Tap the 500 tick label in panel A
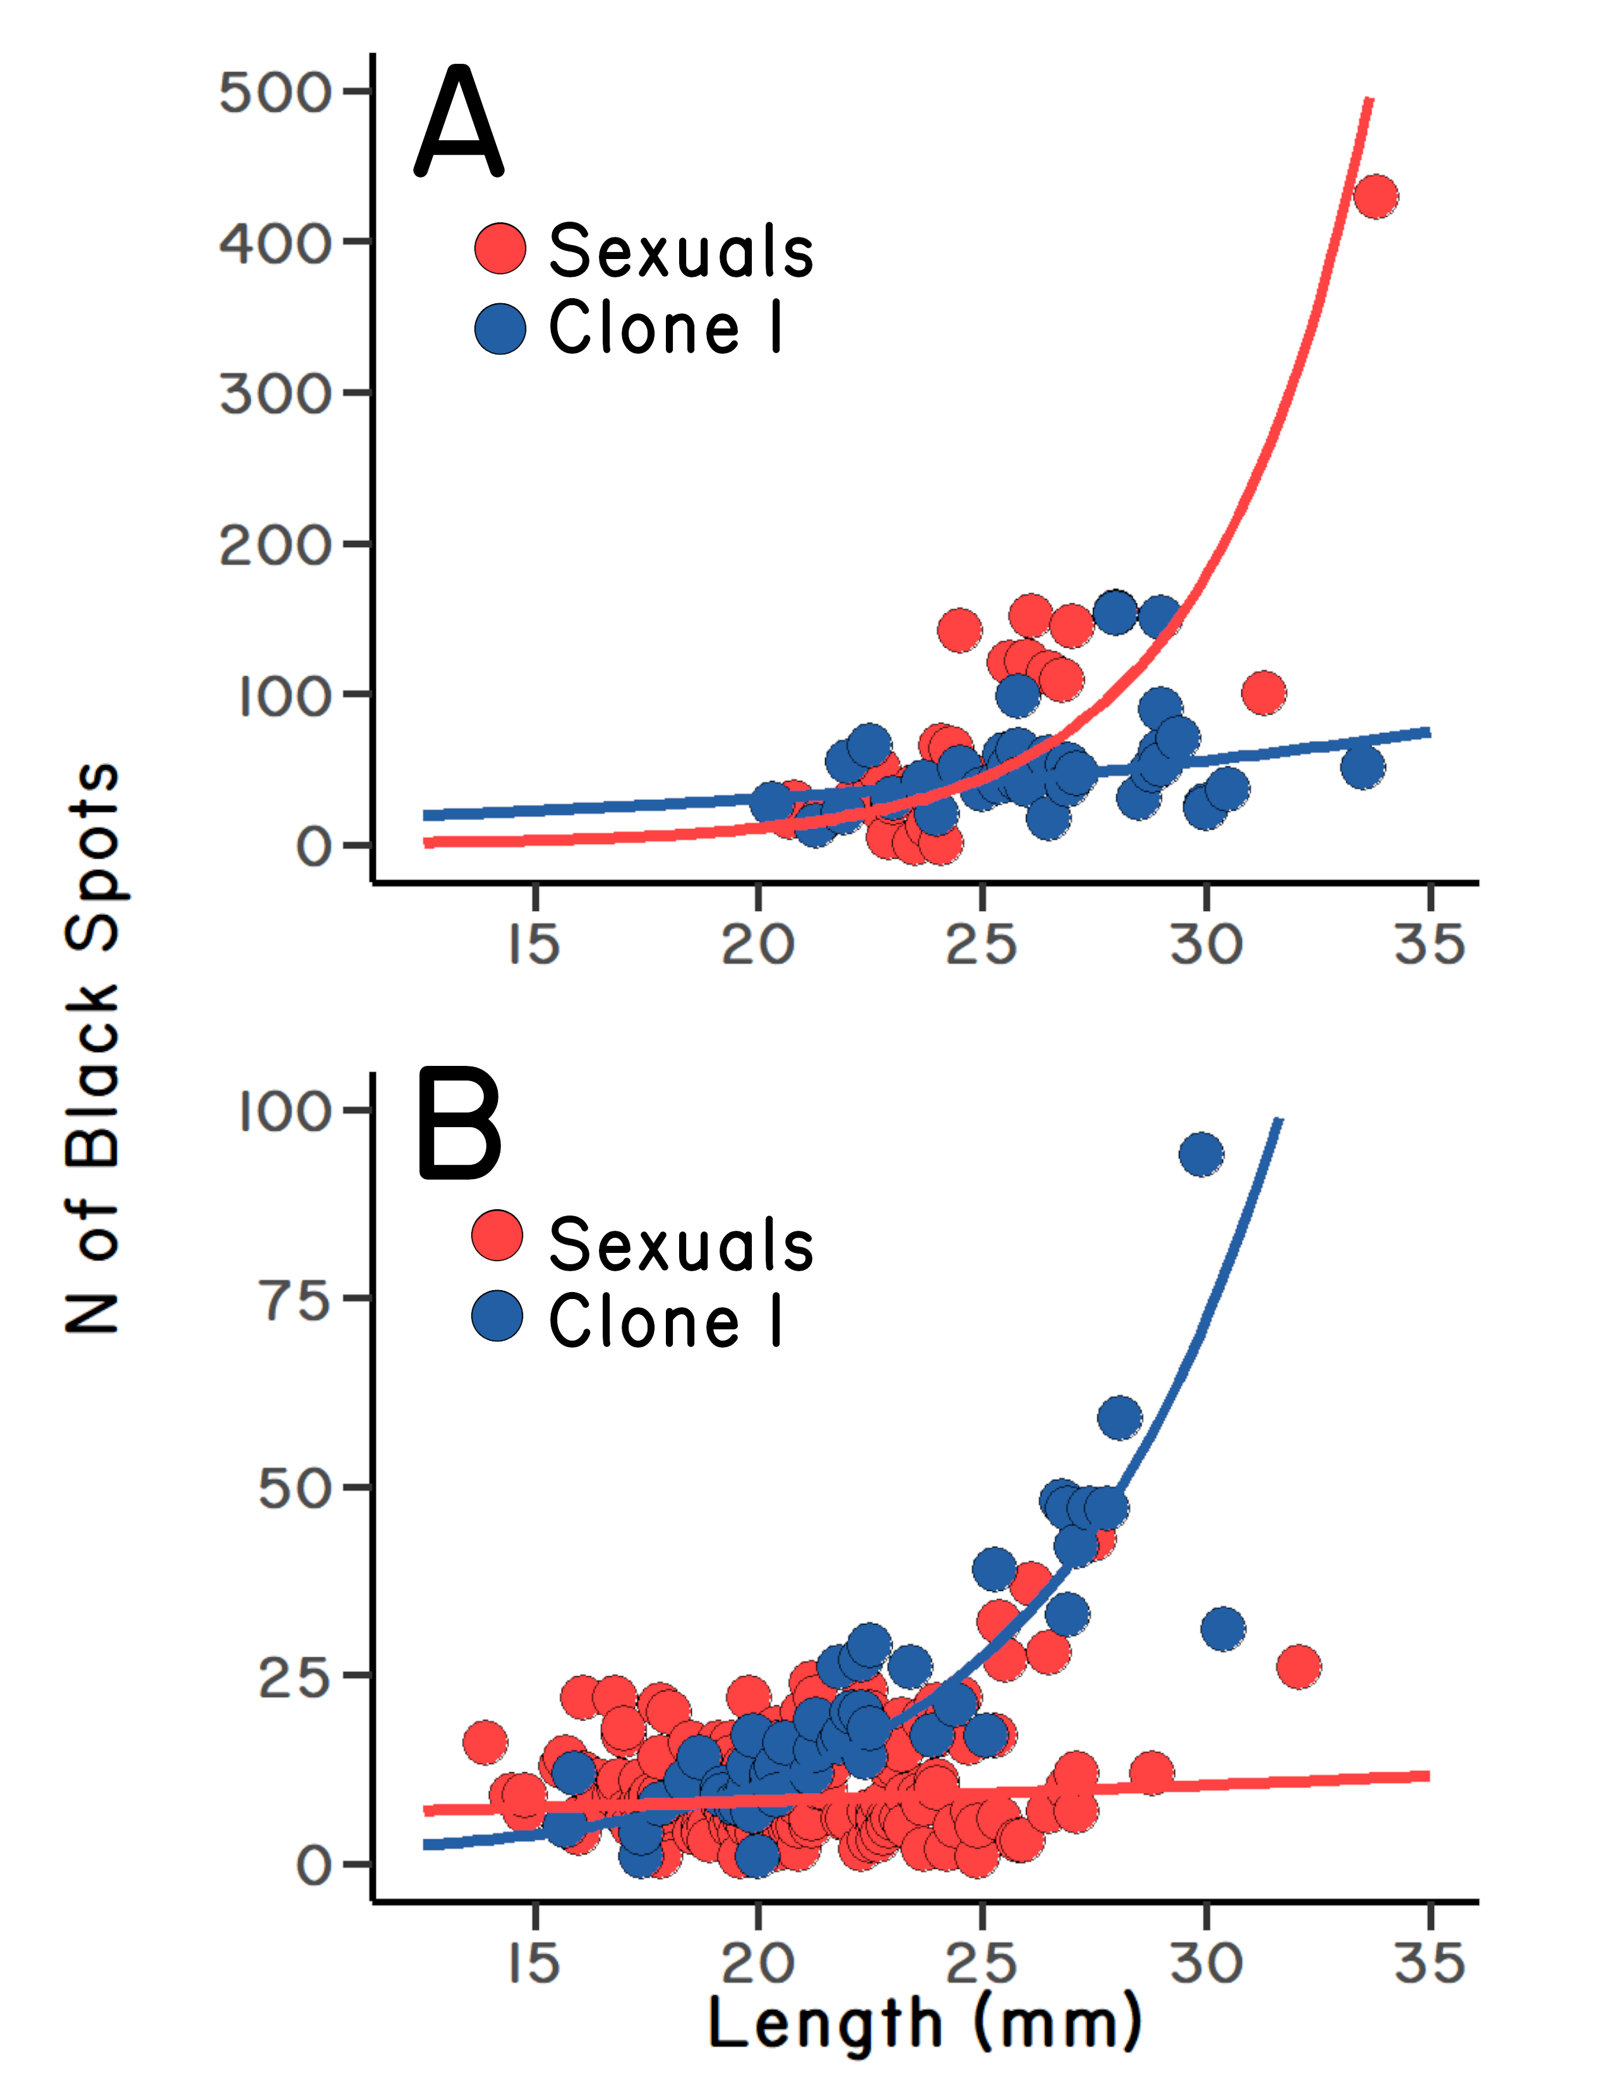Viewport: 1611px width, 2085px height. coord(276,93)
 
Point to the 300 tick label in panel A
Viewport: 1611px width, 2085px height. coord(276,394)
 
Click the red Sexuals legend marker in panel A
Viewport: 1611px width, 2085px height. coord(500,248)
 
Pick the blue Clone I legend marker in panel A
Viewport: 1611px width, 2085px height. coord(500,329)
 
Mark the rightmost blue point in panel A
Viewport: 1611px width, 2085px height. coord(1363,766)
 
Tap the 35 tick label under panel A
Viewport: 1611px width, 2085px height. coord(1428,945)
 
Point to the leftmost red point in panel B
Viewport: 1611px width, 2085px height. coord(485,1743)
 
